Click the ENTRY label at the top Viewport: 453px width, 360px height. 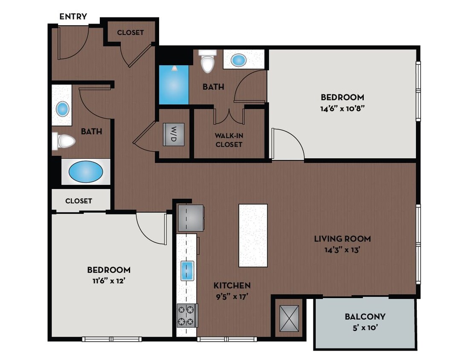tap(73, 17)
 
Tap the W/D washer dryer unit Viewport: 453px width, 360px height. tap(174, 134)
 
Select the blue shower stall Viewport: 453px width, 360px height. tap(173, 84)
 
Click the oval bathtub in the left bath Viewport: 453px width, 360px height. tap(86, 172)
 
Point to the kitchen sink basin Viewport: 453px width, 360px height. tap(187, 270)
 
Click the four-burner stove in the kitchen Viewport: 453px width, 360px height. tap(187, 315)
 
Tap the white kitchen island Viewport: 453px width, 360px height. tap(253, 235)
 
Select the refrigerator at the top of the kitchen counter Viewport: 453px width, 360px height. tap(190, 218)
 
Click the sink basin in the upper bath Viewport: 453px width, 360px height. tap(239, 60)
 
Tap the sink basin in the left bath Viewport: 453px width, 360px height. tap(63, 109)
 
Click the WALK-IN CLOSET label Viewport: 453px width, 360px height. tap(229, 140)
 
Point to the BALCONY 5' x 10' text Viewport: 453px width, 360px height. tap(365, 322)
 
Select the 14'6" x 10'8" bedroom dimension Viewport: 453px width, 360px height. tap(342, 108)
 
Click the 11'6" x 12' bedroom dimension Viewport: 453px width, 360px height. tap(109, 281)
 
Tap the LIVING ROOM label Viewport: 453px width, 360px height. tap(342, 239)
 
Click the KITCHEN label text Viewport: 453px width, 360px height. tap(232, 285)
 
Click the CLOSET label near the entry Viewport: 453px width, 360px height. tap(130, 32)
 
